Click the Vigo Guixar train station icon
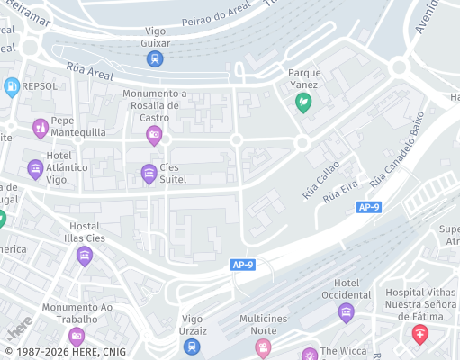[x=155, y=59]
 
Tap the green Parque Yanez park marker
[x=304, y=103]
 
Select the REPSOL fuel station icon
[x=12, y=86]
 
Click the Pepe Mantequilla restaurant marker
[x=40, y=130]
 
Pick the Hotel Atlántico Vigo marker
[x=35, y=168]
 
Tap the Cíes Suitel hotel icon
[x=149, y=174]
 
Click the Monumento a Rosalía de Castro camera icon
[x=154, y=135]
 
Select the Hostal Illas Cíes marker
[x=85, y=256]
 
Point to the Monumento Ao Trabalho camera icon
[x=77, y=337]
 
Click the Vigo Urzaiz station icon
[x=192, y=346]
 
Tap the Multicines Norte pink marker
[x=263, y=347]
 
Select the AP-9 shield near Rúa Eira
[x=369, y=208]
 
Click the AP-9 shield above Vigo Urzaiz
[x=242, y=265]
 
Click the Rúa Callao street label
[x=321, y=178]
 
